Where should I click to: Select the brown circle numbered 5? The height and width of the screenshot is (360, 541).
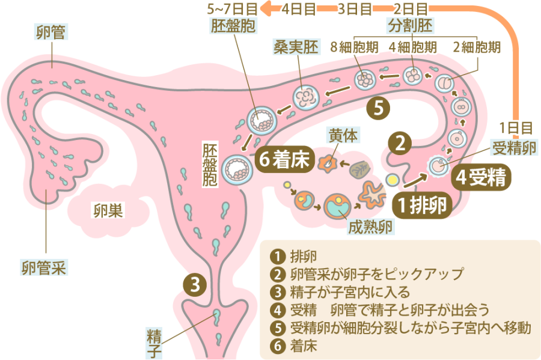pos(379,108)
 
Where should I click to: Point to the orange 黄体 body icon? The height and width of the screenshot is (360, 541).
pos(329,162)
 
